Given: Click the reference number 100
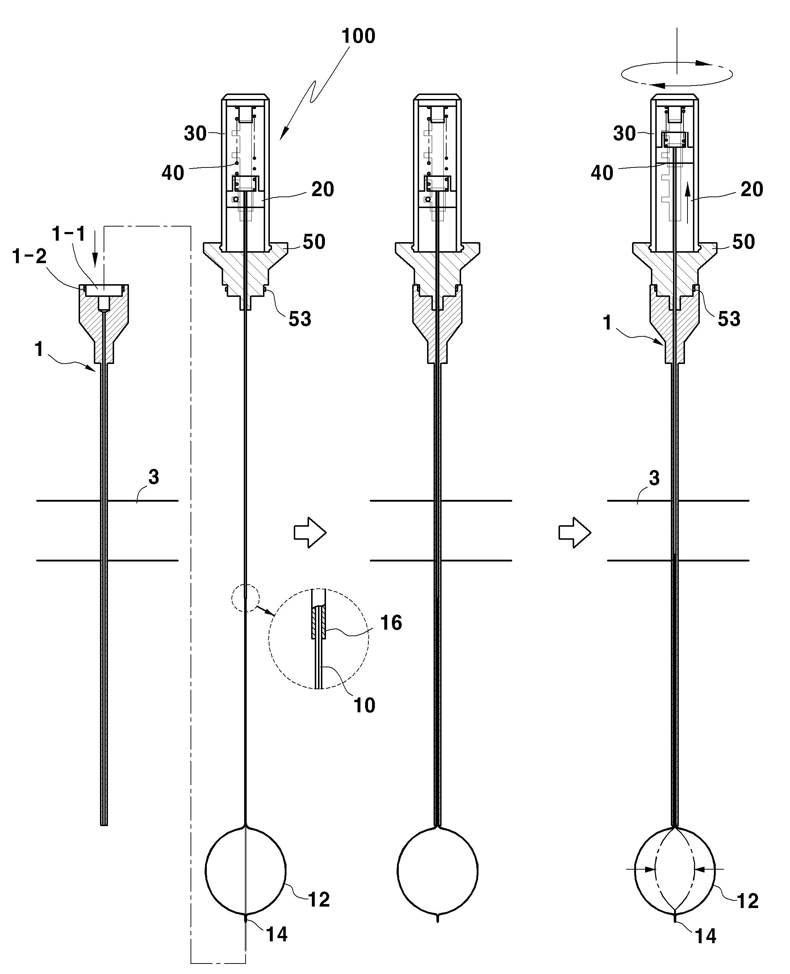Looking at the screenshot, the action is point(359,36).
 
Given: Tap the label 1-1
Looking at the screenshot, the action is point(69,234).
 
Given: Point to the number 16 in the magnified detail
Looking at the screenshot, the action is point(391,623).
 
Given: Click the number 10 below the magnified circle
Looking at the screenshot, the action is point(364,705).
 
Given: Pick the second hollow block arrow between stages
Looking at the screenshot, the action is point(575,532).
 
